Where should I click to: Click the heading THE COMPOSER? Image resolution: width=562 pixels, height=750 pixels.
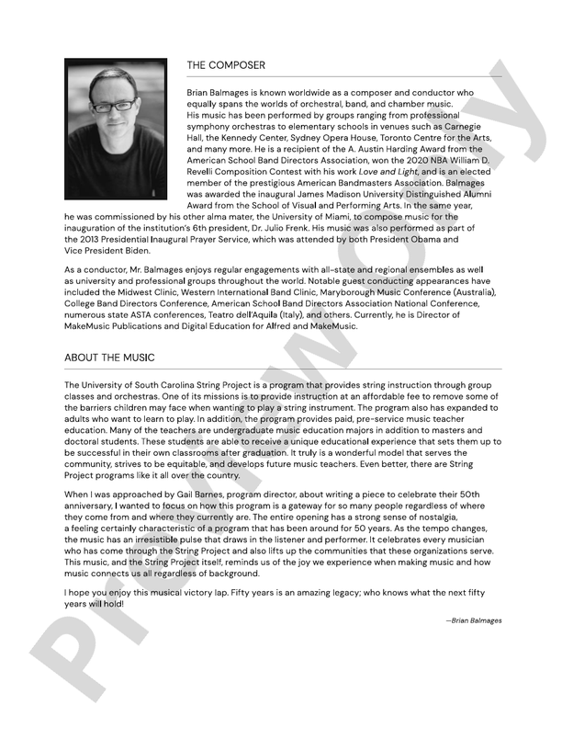click(225, 66)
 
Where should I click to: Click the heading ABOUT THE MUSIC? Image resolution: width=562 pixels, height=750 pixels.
click(109, 357)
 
